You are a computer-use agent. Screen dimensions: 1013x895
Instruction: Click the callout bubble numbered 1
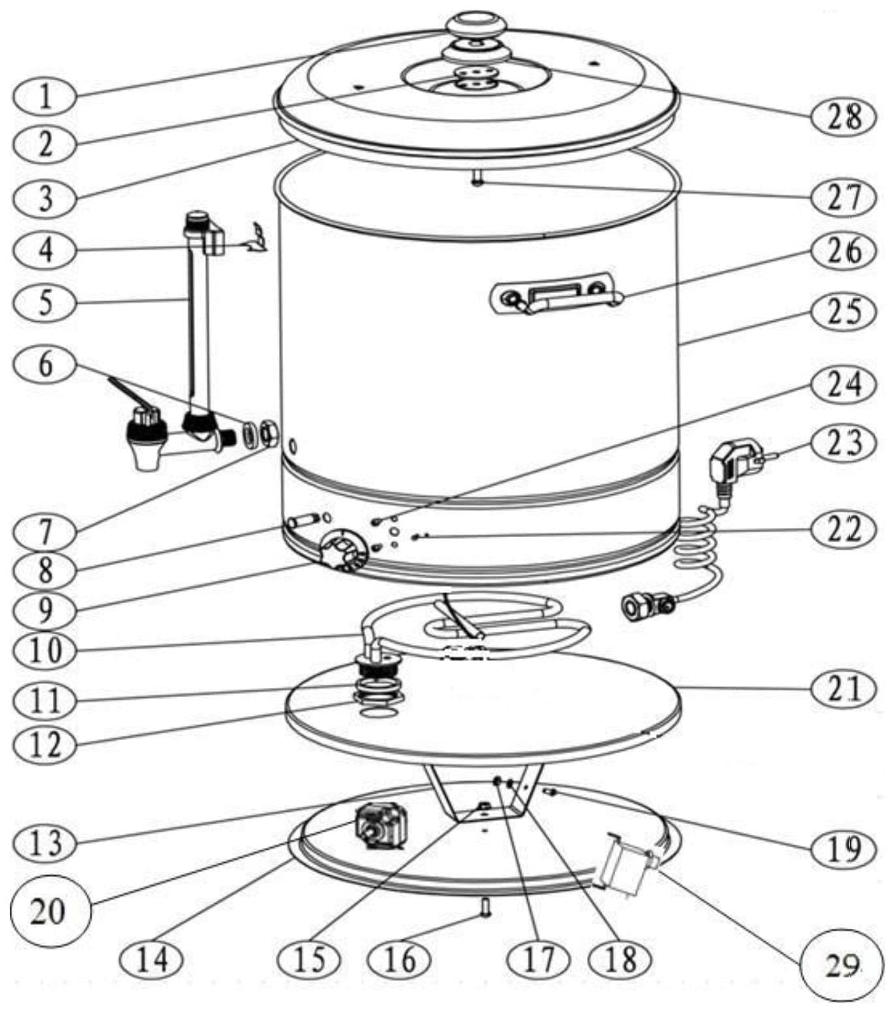tap(44, 96)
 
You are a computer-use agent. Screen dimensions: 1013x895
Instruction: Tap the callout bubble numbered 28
tap(843, 117)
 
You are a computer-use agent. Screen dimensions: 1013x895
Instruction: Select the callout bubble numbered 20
tap(49, 910)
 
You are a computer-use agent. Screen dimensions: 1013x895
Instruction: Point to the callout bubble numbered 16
tap(400, 959)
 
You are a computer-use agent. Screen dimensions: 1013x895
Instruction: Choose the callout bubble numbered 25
tap(843, 311)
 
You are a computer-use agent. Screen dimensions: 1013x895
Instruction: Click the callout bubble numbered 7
tap(44, 533)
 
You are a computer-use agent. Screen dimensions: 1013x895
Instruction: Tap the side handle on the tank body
tap(554, 295)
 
